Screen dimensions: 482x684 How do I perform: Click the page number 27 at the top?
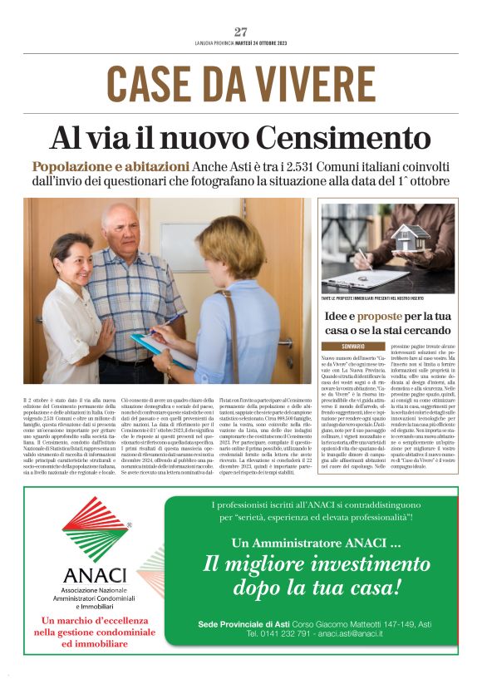point(241,32)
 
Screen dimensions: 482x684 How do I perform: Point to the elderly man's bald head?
point(120,215)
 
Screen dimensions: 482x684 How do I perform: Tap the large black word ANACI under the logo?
point(94,576)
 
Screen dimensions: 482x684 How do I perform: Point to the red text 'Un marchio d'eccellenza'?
point(94,620)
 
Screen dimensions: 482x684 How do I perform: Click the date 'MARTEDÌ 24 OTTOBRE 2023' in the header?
point(267,44)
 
